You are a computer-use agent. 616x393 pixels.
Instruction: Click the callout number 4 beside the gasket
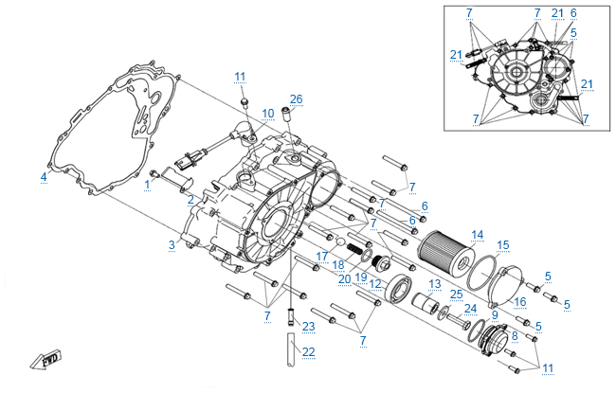coord(44,177)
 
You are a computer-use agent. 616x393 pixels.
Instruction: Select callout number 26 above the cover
coord(297,99)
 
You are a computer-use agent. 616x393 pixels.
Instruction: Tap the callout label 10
coord(268,114)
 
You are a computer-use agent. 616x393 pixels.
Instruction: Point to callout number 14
coord(478,234)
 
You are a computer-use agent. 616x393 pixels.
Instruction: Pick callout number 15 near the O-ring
coord(503,244)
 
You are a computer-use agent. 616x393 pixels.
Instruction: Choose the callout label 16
coord(519,302)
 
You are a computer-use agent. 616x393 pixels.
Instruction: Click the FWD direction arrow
coord(45,361)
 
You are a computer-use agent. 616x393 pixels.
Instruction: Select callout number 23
coord(308,326)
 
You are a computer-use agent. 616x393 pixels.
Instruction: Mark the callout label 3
coord(172,245)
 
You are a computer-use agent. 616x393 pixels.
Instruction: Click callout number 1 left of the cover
coord(147,186)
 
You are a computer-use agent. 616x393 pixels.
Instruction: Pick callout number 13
coord(435,284)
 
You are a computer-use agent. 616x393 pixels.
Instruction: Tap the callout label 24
coord(471,308)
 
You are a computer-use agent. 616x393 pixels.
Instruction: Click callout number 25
coord(456,295)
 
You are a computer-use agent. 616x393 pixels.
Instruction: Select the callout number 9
coord(495,314)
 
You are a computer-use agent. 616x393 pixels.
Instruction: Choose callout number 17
coord(322,256)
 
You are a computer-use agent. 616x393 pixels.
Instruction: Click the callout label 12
coord(375,283)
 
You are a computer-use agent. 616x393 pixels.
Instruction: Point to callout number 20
coord(344,278)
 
